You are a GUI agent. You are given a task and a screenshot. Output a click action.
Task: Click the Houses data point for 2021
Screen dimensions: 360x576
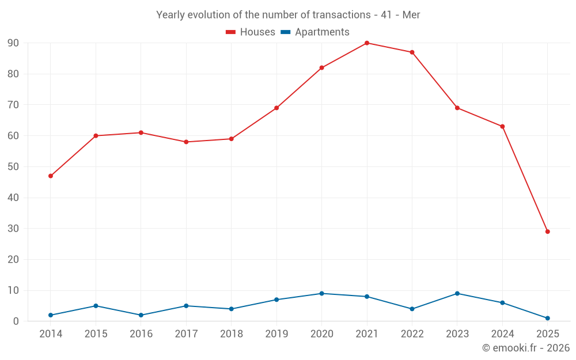pyautogui.click(x=367, y=43)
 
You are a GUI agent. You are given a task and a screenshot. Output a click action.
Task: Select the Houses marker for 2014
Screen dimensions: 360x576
pyautogui.click(x=51, y=176)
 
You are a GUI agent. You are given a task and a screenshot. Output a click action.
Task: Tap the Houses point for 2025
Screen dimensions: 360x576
pyautogui.click(x=548, y=232)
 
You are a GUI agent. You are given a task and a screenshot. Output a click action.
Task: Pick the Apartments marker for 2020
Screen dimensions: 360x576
pyautogui.click(x=321, y=294)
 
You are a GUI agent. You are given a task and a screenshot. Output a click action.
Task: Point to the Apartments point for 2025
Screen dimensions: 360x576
pyautogui.click(x=548, y=318)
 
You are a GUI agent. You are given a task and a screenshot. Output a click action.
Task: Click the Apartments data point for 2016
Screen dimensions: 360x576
pyautogui.click(x=141, y=315)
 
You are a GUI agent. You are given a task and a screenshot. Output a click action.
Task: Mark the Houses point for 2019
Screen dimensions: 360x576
pyautogui.click(x=276, y=108)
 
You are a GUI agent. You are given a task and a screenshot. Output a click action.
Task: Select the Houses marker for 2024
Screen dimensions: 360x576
pyautogui.click(x=502, y=127)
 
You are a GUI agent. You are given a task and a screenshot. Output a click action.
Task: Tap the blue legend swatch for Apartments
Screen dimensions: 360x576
pyautogui.click(x=285, y=32)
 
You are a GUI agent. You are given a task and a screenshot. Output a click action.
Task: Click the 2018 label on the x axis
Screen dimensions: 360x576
pyautogui.click(x=232, y=334)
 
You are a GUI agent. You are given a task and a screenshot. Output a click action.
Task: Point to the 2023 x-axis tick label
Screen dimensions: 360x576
pyautogui.click(x=457, y=334)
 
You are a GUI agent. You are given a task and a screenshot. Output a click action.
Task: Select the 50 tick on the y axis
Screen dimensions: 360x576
pyautogui.click(x=13, y=167)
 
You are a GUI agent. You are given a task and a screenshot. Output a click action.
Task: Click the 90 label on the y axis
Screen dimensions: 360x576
pyautogui.click(x=13, y=43)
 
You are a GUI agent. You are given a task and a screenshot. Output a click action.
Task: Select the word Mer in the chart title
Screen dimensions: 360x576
pyautogui.click(x=411, y=15)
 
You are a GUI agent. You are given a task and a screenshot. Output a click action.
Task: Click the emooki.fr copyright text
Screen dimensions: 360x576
pyautogui.click(x=526, y=348)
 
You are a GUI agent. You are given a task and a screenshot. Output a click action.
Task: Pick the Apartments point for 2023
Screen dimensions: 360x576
pyautogui.click(x=457, y=294)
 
